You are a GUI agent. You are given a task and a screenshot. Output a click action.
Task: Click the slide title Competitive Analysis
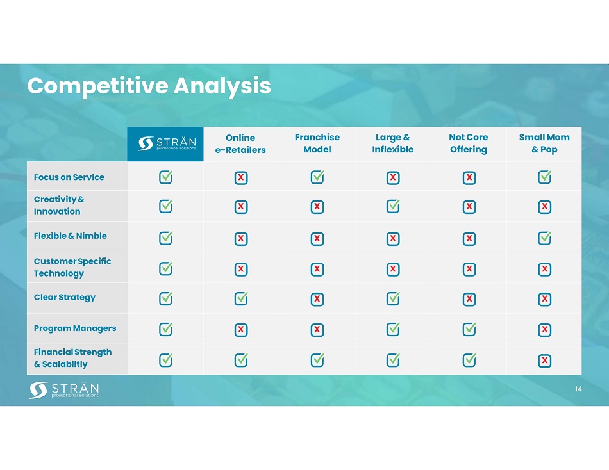149,86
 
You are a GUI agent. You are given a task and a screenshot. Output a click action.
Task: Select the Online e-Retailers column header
240,143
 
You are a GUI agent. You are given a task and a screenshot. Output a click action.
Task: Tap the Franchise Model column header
317,143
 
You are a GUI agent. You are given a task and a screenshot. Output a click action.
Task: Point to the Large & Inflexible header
393,143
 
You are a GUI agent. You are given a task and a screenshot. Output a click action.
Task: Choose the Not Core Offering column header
469,143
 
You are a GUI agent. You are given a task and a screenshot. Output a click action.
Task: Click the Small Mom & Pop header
544,143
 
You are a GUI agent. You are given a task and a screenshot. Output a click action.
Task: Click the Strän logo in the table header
167,143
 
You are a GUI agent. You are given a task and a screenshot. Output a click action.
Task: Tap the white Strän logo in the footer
64,390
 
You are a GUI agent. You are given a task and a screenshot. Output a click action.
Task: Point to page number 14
578,389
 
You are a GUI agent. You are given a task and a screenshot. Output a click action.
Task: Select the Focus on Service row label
69,177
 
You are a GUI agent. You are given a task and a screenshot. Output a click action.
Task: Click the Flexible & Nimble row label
71,236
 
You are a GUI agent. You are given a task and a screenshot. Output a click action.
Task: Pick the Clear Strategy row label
65,297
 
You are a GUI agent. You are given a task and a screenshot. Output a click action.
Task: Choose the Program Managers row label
75,328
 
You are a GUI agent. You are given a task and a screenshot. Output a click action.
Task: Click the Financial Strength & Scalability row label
72,358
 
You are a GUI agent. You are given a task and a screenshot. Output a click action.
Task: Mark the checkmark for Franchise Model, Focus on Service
317,177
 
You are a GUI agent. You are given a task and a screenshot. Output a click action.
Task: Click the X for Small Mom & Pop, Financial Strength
544,361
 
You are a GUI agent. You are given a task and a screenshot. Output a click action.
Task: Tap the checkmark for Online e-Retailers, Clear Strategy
241,298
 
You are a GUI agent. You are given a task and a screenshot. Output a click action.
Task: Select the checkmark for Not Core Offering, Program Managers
469,329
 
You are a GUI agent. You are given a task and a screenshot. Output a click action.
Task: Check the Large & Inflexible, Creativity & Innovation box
393,206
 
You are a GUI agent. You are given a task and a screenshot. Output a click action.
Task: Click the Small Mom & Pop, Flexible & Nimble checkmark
544,238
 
